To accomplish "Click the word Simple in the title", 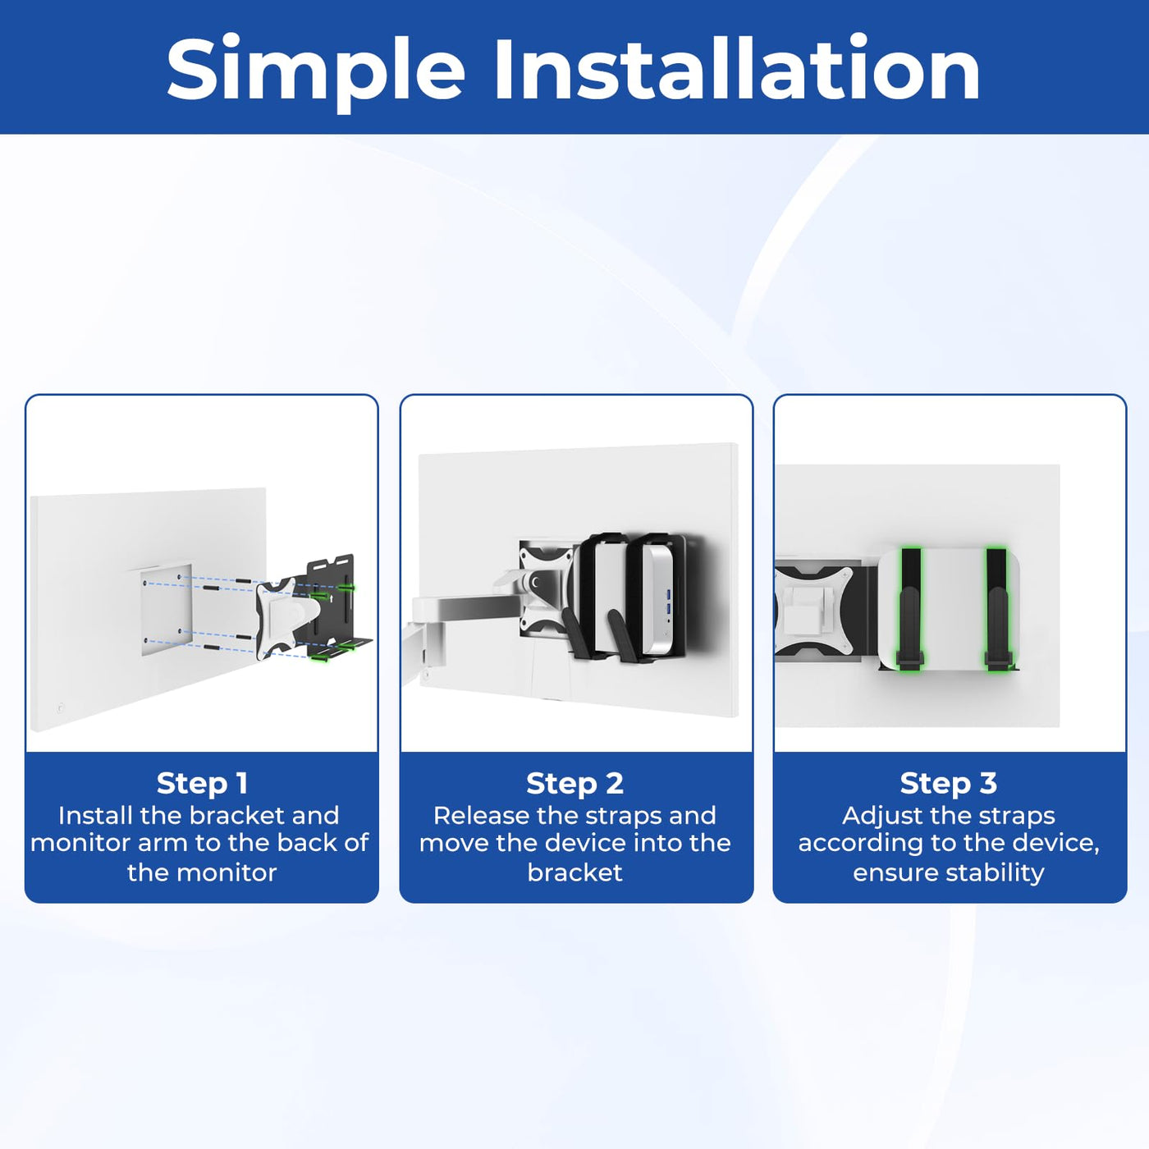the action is click(x=316, y=71).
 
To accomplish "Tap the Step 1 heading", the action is click(x=202, y=783).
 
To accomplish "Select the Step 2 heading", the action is click(x=574, y=783).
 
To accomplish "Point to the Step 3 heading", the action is click(x=949, y=783).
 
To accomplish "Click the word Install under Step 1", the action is click(x=94, y=815).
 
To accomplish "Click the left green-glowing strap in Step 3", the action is click(x=910, y=608).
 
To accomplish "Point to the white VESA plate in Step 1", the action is click(x=286, y=616).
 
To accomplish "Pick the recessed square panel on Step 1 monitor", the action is click(x=167, y=610).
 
